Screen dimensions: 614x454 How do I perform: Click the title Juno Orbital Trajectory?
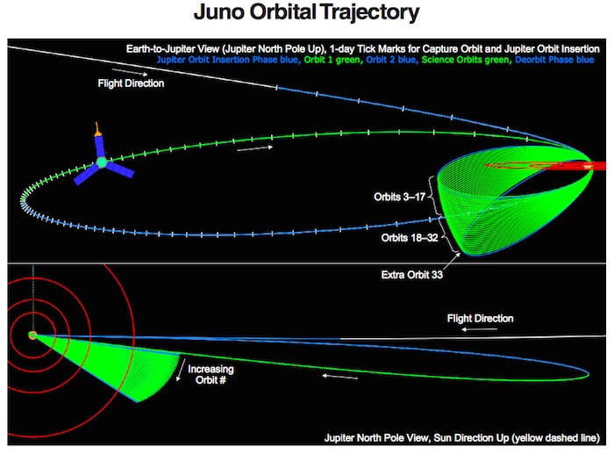(x=306, y=12)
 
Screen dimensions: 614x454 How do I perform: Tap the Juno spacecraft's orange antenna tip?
(x=96, y=125)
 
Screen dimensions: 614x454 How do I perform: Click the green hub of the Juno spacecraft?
(x=102, y=162)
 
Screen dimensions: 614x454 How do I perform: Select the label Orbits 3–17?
(x=399, y=197)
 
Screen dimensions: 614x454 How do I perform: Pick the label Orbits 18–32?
(x=410, y=238)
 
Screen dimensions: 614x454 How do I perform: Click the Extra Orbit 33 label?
(x=412, y=275)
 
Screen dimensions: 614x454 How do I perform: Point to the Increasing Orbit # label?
(x=211, y=374)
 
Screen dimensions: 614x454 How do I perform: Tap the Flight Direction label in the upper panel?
(x=131, y=83)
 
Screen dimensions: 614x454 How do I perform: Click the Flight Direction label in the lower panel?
(x=480, y=319)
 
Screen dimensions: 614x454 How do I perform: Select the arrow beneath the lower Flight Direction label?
(x=479, y=329)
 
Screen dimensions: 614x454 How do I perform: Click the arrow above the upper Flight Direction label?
(x=130, y=72)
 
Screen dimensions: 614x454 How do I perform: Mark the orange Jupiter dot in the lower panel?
(x=32, y=335)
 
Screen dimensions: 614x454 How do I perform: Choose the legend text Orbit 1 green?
(x=332, y=60)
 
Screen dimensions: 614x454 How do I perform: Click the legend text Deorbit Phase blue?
(x=554, y=60)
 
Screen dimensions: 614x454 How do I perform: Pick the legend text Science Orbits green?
(x=466, y=60)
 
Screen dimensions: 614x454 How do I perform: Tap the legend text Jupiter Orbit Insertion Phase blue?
(x=227, y=60)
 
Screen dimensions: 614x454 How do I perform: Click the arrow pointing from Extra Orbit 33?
(x=452, y=261)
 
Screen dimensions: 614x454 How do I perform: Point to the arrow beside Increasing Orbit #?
(x=181, y=370)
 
